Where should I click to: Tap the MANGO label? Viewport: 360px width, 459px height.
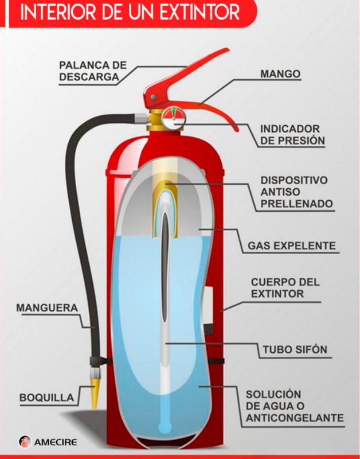point(280,75)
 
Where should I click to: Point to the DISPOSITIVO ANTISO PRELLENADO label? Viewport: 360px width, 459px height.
point(294,192)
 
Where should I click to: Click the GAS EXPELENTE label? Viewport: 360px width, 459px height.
point(291,246)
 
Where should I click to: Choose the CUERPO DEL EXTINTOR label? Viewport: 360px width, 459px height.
point(284,288)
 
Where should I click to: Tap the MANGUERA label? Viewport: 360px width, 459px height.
point(46,308)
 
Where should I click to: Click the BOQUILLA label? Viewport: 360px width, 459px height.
point(46,397)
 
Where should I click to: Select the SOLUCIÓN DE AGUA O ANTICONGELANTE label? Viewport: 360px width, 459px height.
point(294,406)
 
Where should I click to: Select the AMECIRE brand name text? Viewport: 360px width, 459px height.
point(56,442)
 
